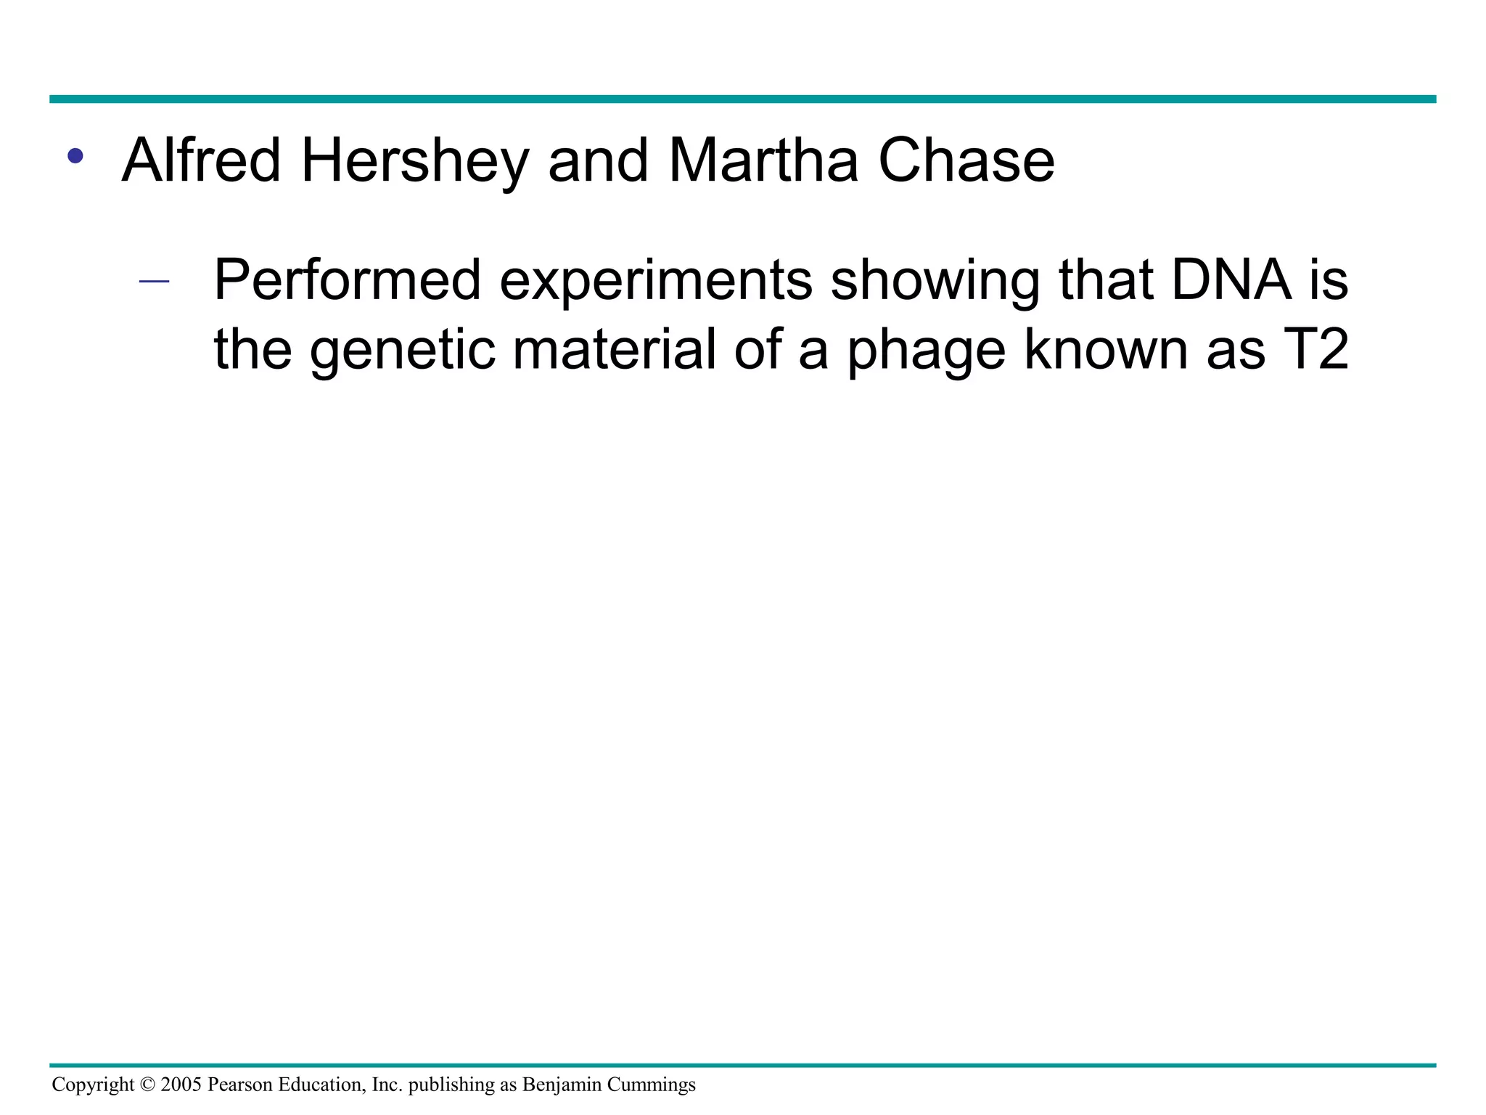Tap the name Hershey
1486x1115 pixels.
414,161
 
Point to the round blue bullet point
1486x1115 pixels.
75,155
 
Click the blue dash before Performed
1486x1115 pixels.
154,282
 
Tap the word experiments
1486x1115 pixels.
656,282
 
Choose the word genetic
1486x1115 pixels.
403,350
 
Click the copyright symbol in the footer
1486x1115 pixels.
147,1085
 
